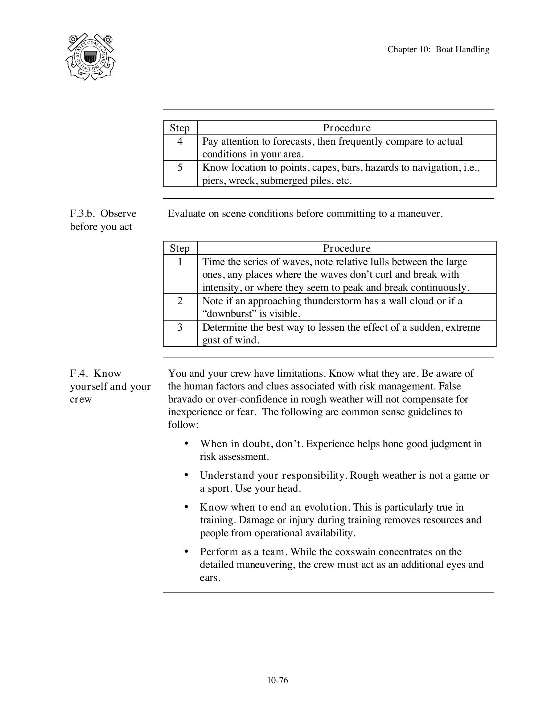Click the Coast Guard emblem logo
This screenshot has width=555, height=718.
coord(90,57)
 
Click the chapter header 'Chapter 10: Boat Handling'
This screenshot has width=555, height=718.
coord(438,49)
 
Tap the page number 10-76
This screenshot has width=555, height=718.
coord(277,680)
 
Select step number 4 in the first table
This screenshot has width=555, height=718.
coord(180,141)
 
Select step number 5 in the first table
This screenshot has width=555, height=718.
coord(180,168)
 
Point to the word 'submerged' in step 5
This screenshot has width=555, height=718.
coord(284,181)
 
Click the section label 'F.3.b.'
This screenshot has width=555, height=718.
coord(83,214)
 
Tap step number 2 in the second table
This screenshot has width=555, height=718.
coord(180,301)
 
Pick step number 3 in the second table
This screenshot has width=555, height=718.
coord(180,327)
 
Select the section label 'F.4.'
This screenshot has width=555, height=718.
coord(79,374)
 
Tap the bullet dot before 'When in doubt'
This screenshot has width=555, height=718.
coord(186,443)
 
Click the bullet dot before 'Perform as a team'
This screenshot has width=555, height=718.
coord(186,551)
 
